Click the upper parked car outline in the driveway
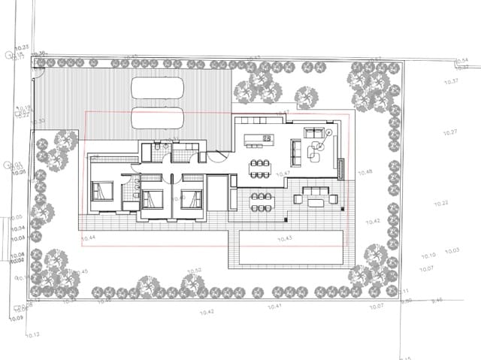(x=157, y=88)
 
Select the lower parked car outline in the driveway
(x=157, y=118)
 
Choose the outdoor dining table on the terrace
(x=261, y=199)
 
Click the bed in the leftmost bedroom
(x=102, y=190)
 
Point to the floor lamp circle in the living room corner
(x=329, y=132)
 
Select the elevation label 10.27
(x=450, y=133)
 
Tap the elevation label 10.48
(x=365, y=173)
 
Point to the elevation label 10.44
(x=88, y=238)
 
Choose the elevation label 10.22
(x=441, y=204)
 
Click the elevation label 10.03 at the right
(x=452, y=251)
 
